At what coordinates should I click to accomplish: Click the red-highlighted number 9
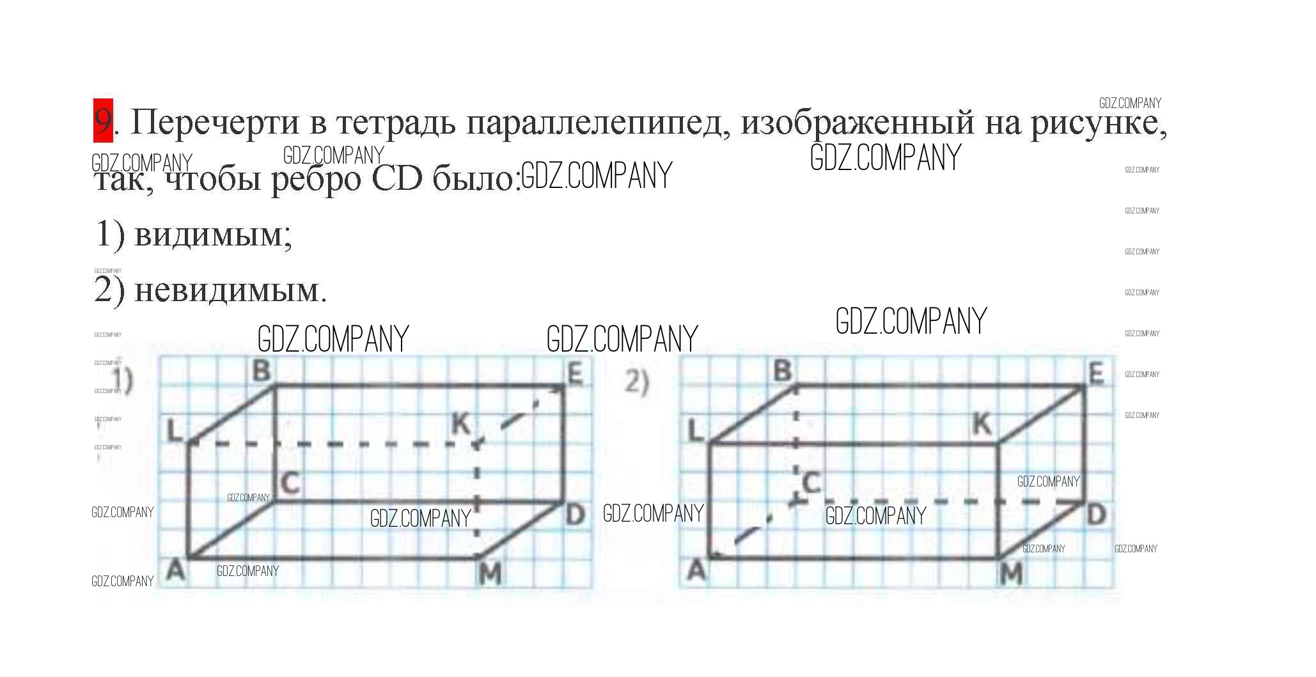click(x=103, y=120)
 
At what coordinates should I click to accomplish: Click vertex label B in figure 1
click(x=261, y=370)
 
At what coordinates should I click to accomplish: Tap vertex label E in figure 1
click(x=574, y=373)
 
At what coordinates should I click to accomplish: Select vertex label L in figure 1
click(x=175, y=432)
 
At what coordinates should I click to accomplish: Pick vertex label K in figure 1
click(x=460, y=423)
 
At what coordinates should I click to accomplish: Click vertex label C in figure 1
click(x=290, y=483)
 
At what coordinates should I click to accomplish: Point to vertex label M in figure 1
click(x=490, y=575)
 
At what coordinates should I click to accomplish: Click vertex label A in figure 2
click(x=696, y=570)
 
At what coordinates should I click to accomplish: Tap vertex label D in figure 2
click(x=1096, y=515)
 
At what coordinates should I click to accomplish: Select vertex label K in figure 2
click(x=982, y=423)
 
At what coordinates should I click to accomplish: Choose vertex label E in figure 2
click(x=1096, y=373)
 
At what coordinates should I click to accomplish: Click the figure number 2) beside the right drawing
click(x=636, y=382)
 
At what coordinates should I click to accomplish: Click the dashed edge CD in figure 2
click(x=940, y=502)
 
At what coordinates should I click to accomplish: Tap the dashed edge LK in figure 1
click(x=333, y=443)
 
